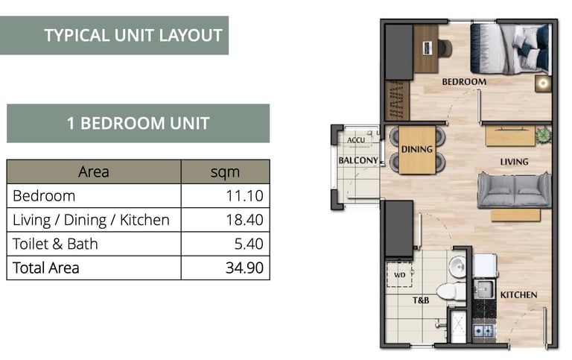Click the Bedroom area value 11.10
(x=244, y=196)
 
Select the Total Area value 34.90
(x=244, y=268)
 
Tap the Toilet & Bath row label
(x=55, y=244)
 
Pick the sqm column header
(x=225, y=172)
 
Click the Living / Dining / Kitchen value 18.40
(x=244, y=220)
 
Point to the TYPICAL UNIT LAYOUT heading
(x=133, y=36)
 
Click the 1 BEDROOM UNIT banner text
(x=139, y=124)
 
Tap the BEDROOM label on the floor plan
(x=464, y=82)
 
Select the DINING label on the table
(x=416, y=149)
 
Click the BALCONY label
(x=357, y=161)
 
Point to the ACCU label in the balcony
(x=356, y=140)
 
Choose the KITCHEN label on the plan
(x=518, y=295)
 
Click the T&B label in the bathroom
(x=421, y=300)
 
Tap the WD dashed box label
(x=399, y=275)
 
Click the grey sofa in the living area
(x=515, y=190)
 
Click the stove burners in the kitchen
(x=483, y=331)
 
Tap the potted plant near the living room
(x=543, y=135)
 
